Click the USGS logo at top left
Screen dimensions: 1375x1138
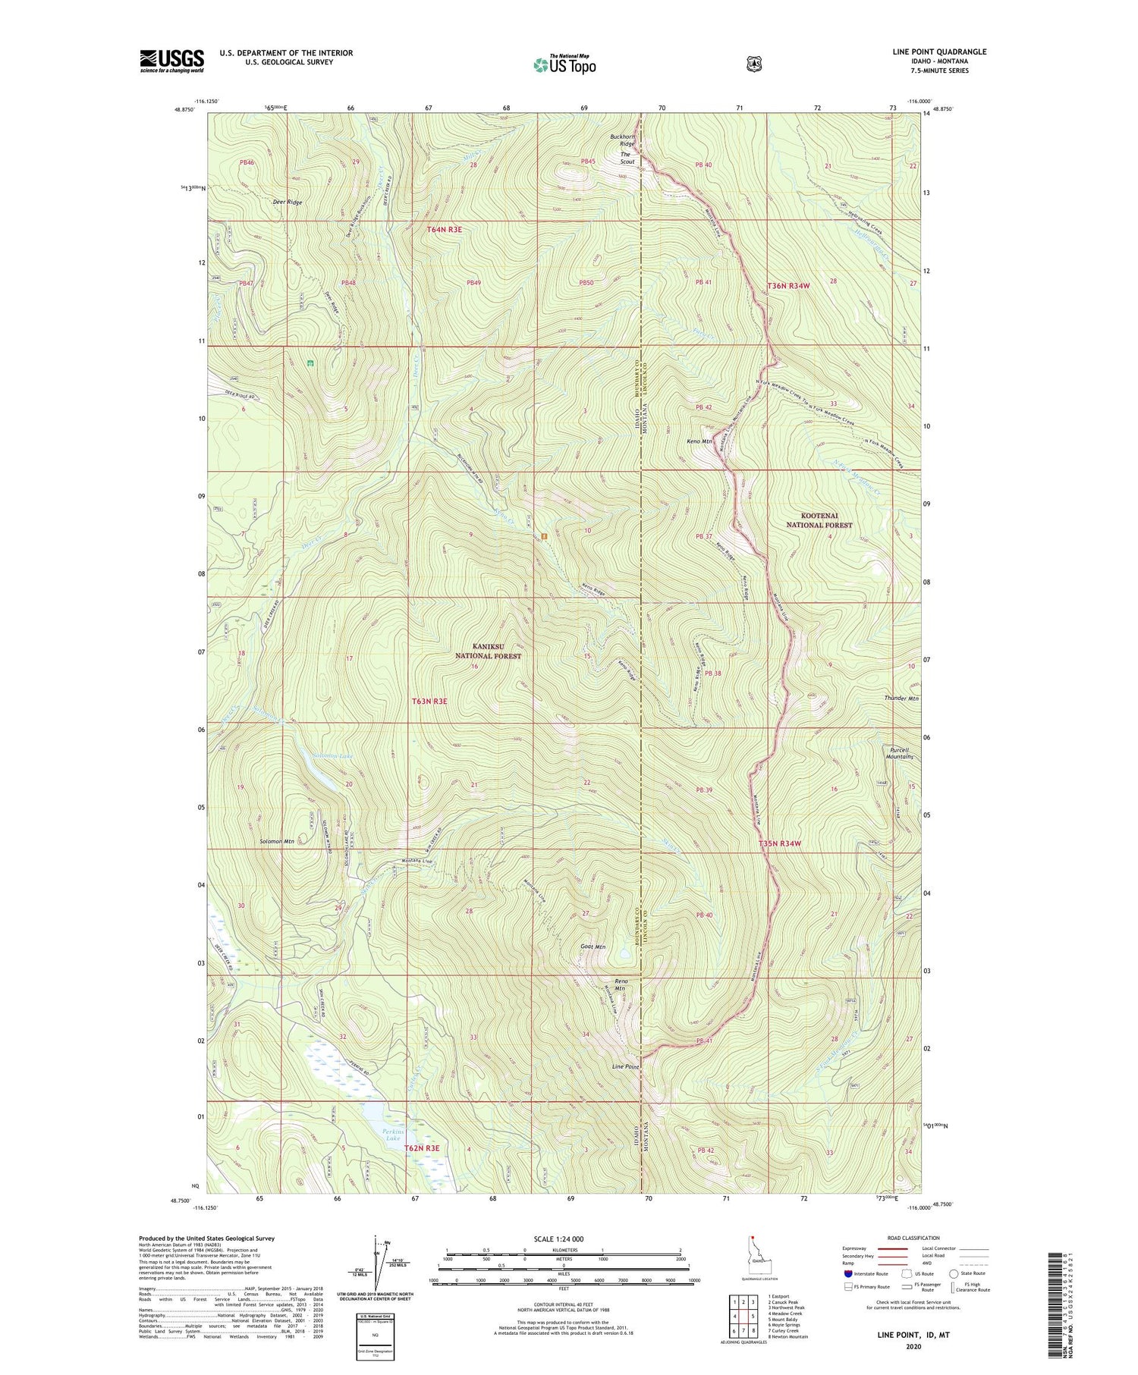171,61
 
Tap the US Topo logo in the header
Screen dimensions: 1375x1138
564,64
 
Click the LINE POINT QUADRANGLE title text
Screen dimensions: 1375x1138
939,52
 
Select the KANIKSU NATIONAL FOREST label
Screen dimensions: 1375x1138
489,651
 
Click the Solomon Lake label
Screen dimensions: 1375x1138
312,756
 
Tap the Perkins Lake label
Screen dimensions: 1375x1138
392,1135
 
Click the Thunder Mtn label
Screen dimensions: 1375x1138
901,698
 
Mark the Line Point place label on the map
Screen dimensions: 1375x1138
625,1066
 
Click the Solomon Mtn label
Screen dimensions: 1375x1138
276,842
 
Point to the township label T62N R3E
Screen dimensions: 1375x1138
421,1148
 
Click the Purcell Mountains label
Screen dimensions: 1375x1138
899,752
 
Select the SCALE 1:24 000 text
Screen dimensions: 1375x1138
558,1238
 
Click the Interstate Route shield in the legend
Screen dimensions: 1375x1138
847,1274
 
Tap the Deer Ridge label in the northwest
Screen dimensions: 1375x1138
288,202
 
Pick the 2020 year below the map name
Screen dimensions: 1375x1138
913,1347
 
